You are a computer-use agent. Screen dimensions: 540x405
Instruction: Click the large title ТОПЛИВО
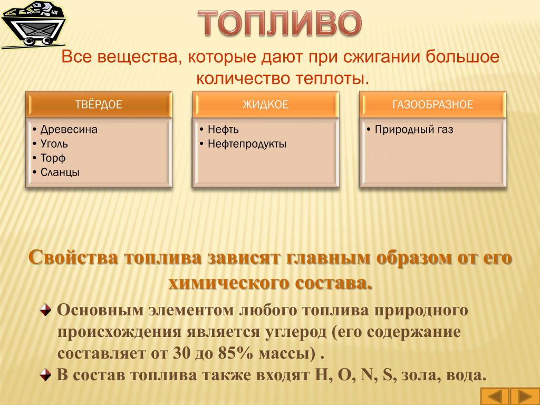[x=280, y=23]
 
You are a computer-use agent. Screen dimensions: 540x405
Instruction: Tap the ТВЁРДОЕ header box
[x=99, y=104]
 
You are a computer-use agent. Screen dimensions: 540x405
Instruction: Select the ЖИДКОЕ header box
[x=266, y=104]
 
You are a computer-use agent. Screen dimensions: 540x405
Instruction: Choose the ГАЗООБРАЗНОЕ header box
[x=432, y=104]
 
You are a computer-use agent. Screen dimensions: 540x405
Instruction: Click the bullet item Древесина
[x=69, y=130]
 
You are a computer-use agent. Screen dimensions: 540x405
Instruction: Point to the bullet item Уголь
[x=54, y=144]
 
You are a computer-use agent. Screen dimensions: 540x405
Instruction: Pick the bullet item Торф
[x=53, y=158]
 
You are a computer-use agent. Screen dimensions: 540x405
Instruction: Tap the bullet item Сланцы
[x=60, y=172]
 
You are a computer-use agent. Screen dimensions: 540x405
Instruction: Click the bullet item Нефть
[x=223, y=130]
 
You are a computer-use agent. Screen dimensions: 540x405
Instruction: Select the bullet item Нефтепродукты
[x=247, y=144]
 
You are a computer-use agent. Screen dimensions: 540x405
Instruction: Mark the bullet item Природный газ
[x=414, y=130]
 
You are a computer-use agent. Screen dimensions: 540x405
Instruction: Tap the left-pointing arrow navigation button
[x=495, y=397]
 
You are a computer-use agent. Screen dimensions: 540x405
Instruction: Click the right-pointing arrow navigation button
[x=525, y=397]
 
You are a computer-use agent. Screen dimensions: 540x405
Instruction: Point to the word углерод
[x=296, y=332]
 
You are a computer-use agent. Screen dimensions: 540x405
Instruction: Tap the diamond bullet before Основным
[x=45, y=310]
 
